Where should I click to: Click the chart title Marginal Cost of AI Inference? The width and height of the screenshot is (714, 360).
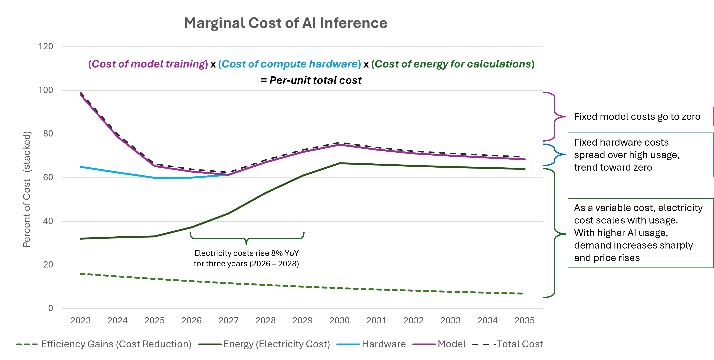pos(285,23)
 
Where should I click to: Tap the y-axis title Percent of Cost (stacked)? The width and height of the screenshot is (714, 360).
pos(27,189)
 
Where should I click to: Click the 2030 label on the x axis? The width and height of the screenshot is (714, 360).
pos(339,320)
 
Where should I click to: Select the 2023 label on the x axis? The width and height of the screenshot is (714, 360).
pos(80,320)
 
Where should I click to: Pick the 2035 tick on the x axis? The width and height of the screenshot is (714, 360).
pos(524,320)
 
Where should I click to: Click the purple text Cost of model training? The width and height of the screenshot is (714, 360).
pos(148,64)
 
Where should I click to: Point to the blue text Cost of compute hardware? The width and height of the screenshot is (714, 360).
pos(289,64)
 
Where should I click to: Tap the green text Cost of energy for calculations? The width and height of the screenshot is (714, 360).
pos(453,64)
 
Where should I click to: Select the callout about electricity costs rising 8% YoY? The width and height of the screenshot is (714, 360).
pos(246,258)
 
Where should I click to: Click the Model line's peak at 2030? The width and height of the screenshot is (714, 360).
pos(339,145)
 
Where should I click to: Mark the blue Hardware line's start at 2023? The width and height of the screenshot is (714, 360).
pos(80,167)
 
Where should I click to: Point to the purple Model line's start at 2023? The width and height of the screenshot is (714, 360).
pos(80,95)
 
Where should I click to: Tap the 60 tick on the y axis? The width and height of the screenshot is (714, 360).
pos(48,177)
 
